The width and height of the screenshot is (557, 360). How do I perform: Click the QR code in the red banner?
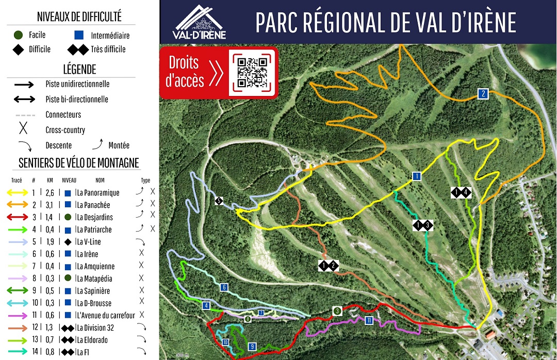click(253, 72)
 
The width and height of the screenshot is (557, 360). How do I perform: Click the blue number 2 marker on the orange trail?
click(483, 94)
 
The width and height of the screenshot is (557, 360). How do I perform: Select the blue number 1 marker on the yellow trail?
click(416, 176)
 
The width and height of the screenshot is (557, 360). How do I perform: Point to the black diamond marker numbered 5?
click(219, 201)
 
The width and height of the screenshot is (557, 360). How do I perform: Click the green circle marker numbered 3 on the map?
click(337, 310)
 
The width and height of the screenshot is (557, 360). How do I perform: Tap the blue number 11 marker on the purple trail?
click(369, 320)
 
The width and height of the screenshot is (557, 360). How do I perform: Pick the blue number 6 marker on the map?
click(223, 287)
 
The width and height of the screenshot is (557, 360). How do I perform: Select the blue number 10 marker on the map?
click(225, 342)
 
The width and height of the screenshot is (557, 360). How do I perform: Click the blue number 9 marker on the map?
click(252, 346)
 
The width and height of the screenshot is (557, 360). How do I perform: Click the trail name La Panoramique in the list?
click(98, 193)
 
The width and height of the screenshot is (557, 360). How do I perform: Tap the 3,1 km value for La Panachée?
click(50, 205)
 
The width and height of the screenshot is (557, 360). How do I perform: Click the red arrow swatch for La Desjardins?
click(19, 218)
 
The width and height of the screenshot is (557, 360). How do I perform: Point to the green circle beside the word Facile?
click(19, 35)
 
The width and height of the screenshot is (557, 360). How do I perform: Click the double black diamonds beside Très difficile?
click(78, 50)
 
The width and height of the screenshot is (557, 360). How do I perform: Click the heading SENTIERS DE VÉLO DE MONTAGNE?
click(79, 163)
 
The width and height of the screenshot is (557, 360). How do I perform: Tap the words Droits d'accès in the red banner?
click(184, 72)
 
